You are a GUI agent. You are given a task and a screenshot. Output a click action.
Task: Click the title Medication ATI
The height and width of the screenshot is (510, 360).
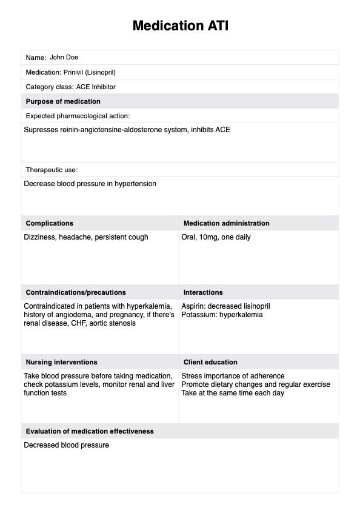180,26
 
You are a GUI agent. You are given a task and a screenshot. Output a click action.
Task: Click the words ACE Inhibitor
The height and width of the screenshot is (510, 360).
96,87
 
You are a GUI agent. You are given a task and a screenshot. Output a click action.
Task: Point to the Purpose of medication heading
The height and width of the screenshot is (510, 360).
63,101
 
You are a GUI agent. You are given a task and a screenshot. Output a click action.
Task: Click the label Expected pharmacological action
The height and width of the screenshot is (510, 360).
78,116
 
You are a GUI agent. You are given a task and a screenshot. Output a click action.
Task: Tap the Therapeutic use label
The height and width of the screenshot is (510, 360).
52,170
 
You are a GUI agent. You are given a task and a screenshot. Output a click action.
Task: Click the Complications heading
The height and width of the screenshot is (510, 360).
50,223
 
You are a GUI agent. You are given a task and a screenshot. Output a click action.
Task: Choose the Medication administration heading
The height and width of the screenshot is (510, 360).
226,223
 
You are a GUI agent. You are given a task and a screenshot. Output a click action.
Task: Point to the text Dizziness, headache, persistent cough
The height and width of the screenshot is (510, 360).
85,237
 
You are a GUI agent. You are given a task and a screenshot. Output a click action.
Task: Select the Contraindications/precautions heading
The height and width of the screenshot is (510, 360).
76,292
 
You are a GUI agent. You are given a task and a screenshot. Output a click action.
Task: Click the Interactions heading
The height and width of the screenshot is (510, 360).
203,292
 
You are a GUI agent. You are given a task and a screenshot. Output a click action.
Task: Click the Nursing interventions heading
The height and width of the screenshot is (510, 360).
61,362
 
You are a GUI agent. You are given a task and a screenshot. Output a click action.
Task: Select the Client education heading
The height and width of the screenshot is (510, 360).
210,362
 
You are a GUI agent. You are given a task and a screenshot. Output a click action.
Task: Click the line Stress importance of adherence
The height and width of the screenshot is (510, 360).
233,376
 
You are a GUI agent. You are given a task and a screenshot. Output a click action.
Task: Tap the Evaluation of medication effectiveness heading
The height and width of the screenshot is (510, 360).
90,431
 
